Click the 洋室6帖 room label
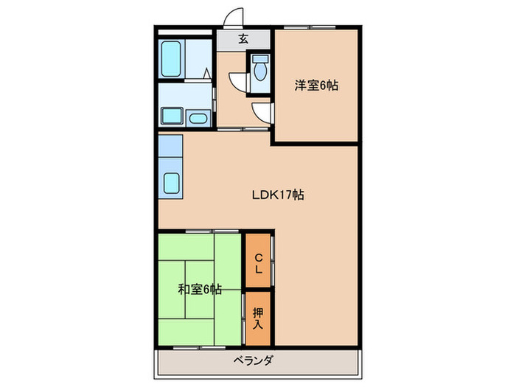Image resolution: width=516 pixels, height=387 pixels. [x=317, y=86]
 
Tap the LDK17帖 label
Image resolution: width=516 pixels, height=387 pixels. [x=276, y=195]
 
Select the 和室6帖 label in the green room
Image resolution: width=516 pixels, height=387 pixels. [x=200, y=289]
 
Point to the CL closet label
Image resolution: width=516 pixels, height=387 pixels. [x=258, y=263]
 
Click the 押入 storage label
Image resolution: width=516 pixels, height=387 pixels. [x=258, y=318]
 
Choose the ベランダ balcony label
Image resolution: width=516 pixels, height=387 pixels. [x=254, y=361]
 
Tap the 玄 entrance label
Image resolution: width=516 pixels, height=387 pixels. [x=243, y=40]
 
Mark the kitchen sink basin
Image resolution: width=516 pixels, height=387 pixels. [x=171, y=182]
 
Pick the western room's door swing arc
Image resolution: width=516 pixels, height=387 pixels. [x=262, y=113]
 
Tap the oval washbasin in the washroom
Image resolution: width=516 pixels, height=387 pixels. [x=197, y=118]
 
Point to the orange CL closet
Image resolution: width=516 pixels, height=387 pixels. [x=258, y=263]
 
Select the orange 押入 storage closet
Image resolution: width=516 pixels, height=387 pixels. [x=258, y=318]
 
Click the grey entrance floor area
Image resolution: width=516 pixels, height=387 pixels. [x=243, y=40]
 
